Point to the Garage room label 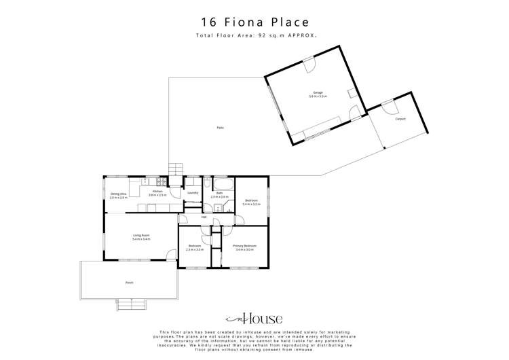pyautogui.click(x=318, y=93)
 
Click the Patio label pyautogui.click(x=220, y=128)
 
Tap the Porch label pyautogui.click(x=129, y=282)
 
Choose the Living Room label pyautogui.click(x=141, y=237)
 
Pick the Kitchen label pyautogui.click(x=157, y=193)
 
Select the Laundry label pyautogui.click(x=192, y=193)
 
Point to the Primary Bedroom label pyautogui.click(x=244, y=247)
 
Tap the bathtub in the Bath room pyautogui.click(x=223, y=184)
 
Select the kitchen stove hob pyautogui.click(x=158, y=181)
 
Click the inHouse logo pyautogui.click(x=254, y=319)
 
